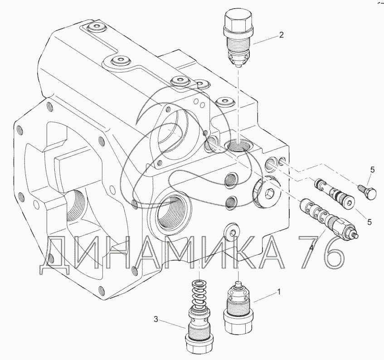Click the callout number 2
(282, 35)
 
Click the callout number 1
(278, 292)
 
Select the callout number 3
(156, 319)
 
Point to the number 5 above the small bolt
(373, 170)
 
